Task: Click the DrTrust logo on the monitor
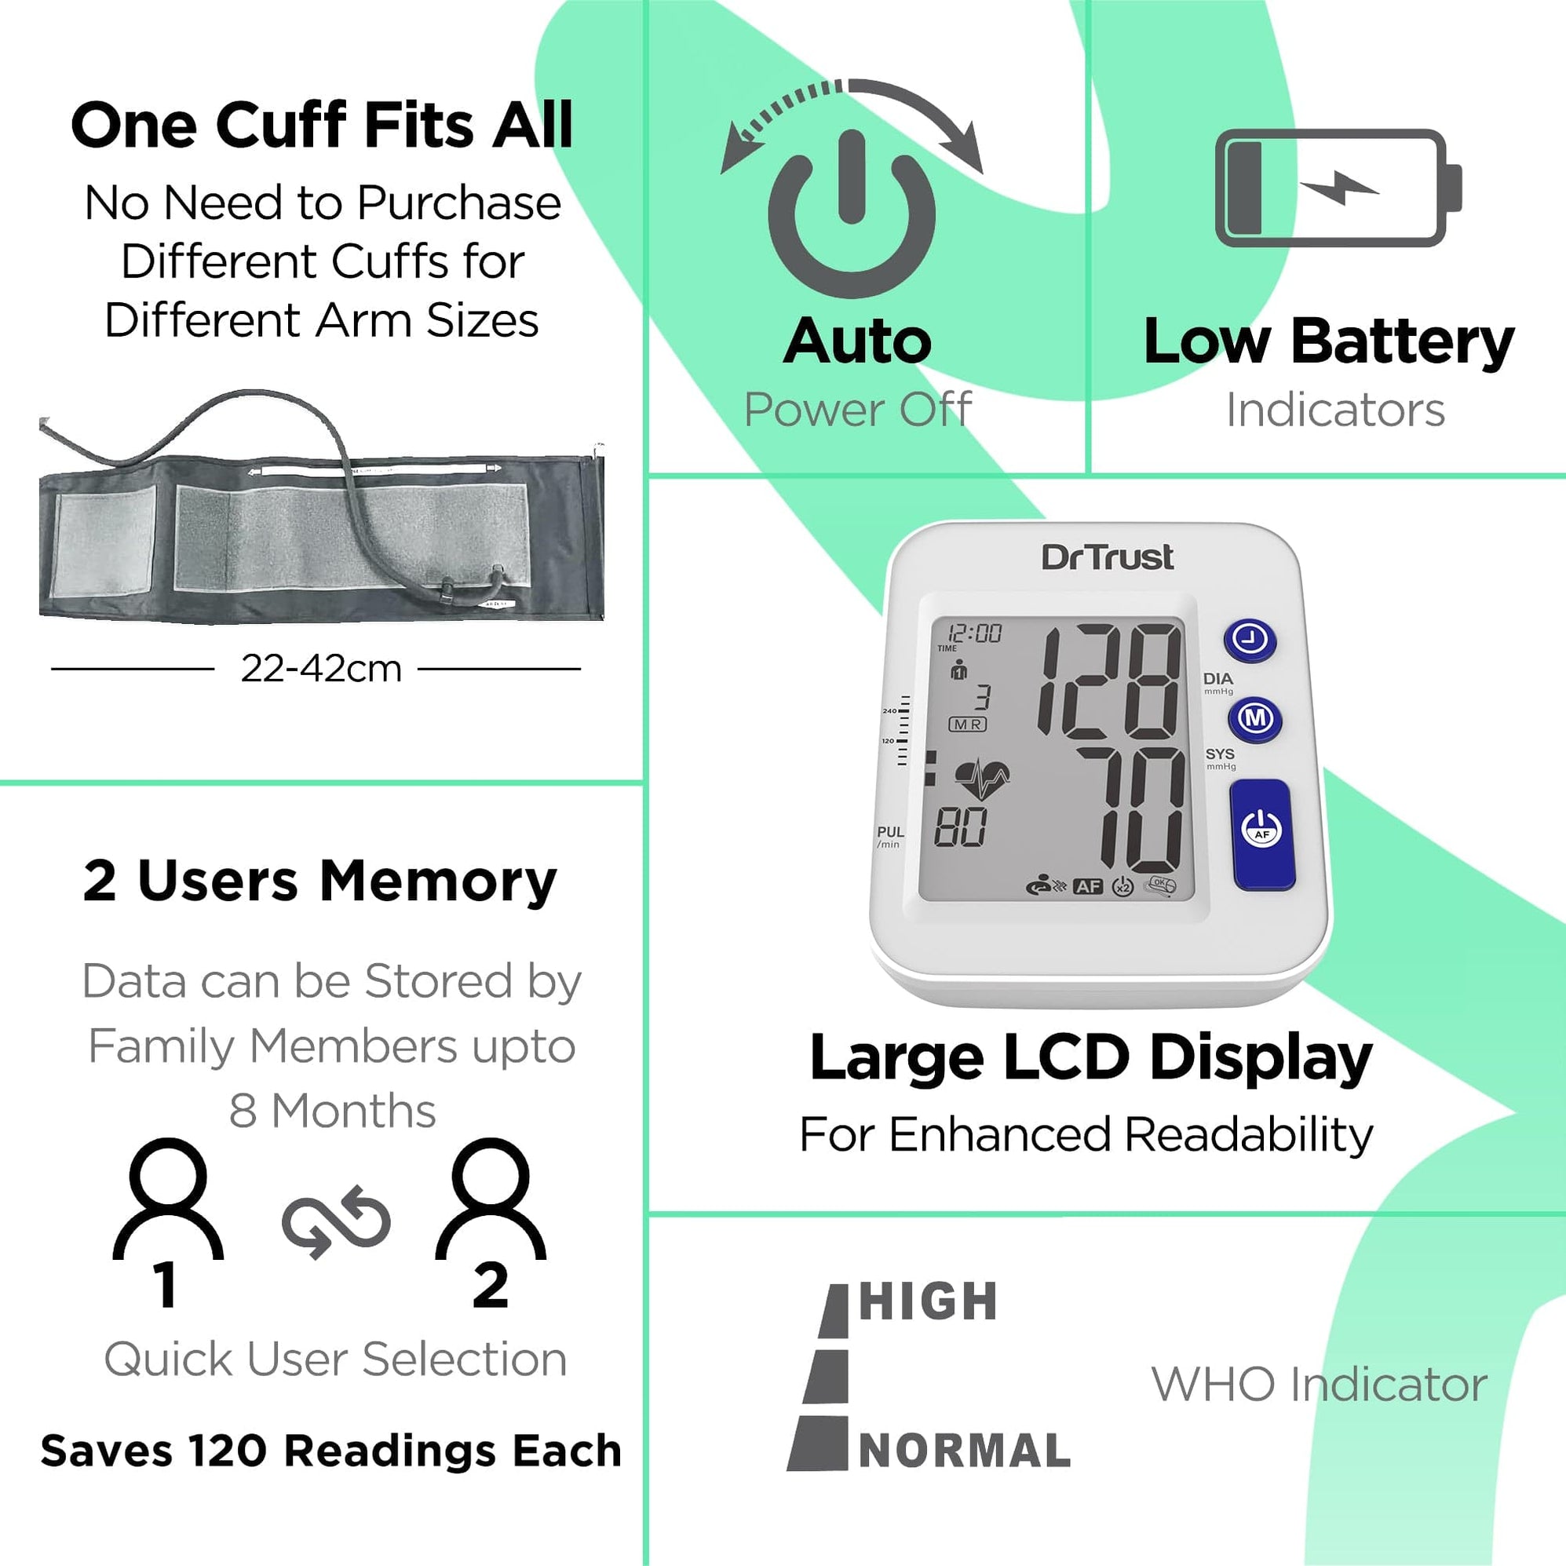[x=1108, y=557]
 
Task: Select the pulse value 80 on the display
[x=961, y=827]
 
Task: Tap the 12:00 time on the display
[x=975, y=633]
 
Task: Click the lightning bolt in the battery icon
[x=1339, y=188]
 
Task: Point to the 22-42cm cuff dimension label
[x=321, y=669]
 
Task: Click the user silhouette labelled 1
[x=168, y=1200]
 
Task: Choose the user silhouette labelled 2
[x=491, y=1200]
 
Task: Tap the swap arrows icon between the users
[x=337, y=1223]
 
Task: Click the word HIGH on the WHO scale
[x=928, y=1301]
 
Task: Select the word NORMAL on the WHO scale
[x=965, y=1451]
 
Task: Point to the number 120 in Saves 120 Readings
[x=227, y=1451]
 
